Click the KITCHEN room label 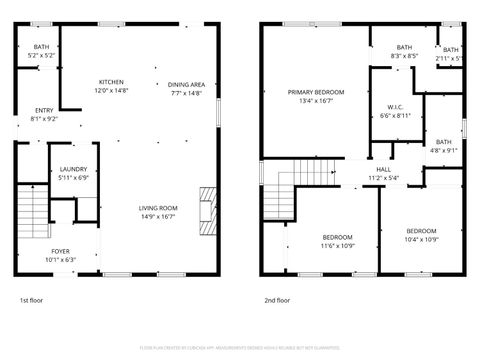pos(111,81)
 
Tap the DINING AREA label pos(186,84)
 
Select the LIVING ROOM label pos(158,207)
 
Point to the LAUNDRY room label pos(74,169)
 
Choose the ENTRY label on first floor pos(45,110)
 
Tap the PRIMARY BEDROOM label pos(315,92)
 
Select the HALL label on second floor pos(383,170)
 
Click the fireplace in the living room pos(207,209)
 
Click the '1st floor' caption pos(32,299)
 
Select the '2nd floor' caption pos(277,299)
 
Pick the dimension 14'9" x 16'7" pos(158,216)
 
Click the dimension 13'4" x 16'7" pos(315,101)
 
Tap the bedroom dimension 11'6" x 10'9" pos(337,245)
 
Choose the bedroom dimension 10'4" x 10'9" pos(421,239)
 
